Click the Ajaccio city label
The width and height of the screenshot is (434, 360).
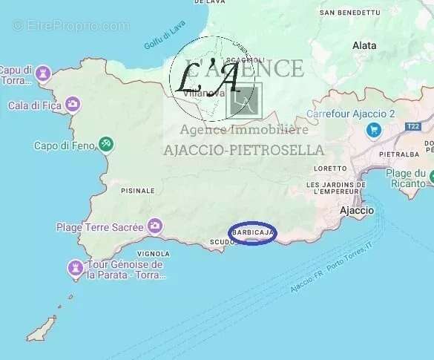(x=356, y=211)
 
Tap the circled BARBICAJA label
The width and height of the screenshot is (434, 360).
(x=252, y=233)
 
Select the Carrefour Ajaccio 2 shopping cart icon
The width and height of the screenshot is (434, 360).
(x=373, y=130)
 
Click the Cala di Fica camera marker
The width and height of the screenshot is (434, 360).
(x=73, y=103)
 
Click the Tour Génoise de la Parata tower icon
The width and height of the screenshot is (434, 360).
(x=75, y=266)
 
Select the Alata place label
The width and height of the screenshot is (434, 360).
(x=364, y=45)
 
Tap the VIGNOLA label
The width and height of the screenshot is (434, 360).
(x=154, y=253)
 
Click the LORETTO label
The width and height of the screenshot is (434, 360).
(x=330, y=168)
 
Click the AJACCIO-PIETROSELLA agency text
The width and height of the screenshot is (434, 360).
(x=243, y=150)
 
